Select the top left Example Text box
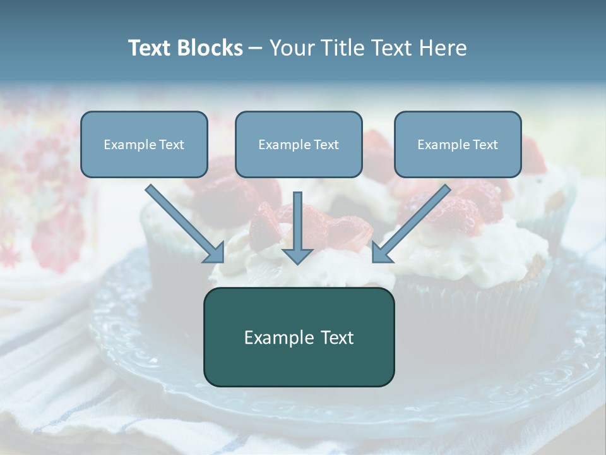click(144, 144)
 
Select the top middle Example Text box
click(299, 144)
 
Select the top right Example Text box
click(458, 144)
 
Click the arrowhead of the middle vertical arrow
click(297, 255)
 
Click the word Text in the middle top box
click(326, 144)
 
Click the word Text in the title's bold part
click(150, 48)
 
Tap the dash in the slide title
click(256, 48)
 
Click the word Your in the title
click(292, 48)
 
